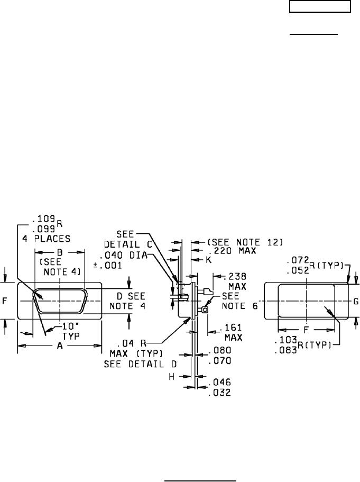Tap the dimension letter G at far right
(356, 301)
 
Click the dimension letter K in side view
(208, 260)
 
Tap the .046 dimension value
(220, 381)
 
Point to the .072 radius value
(296, 260)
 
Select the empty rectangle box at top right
(320, 7)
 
